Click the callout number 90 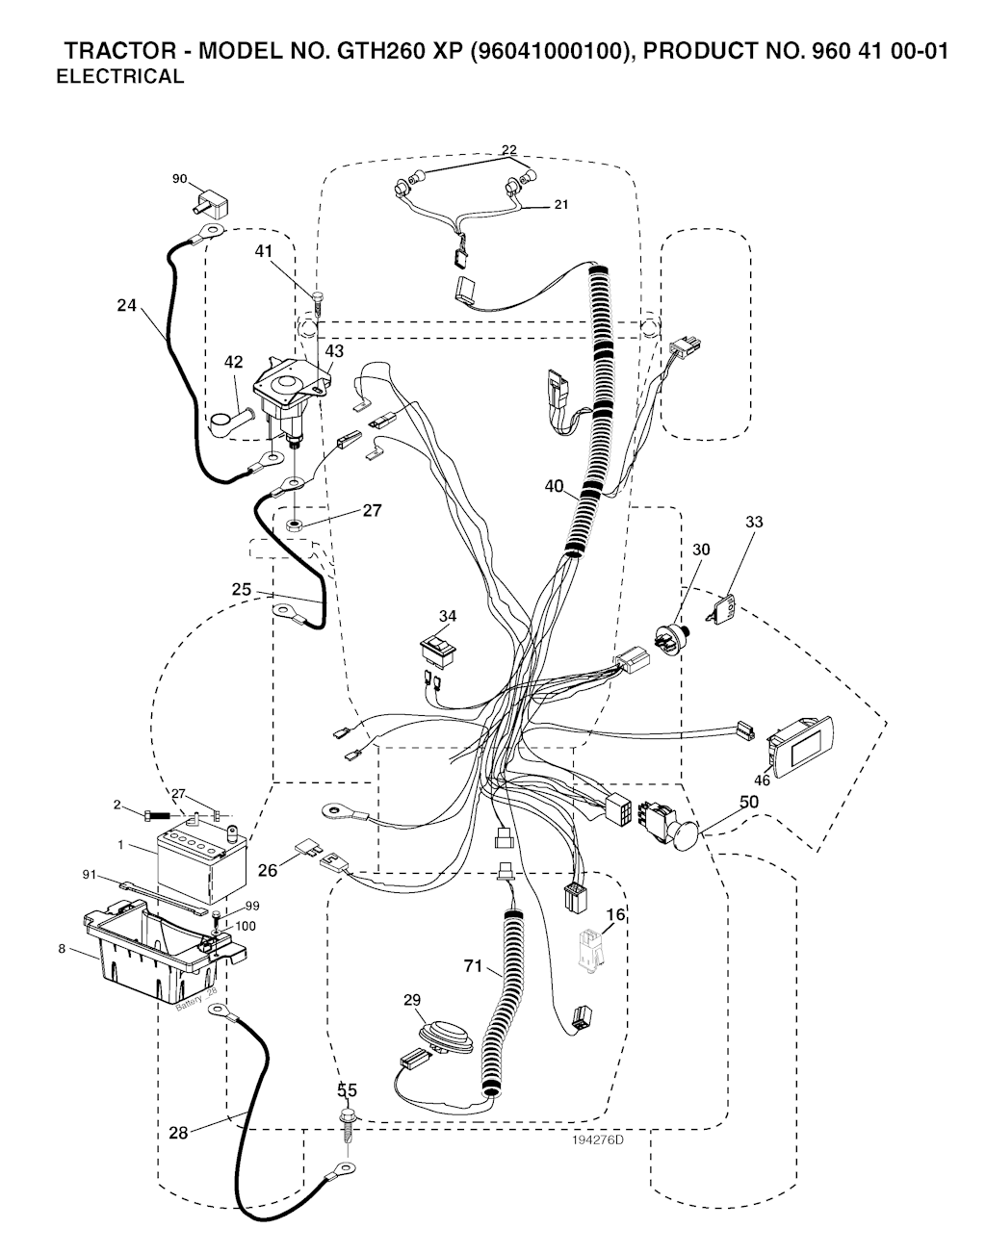[x=180, y=177]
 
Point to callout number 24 [x=126, y=306]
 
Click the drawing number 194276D [x=596, y=1140]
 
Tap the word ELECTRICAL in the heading [x=120, y=78]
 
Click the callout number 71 [x=474, y=966]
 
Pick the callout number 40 [x=554, y=486]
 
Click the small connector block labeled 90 [x=212, y=204]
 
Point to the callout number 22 [x=508, y=149]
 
